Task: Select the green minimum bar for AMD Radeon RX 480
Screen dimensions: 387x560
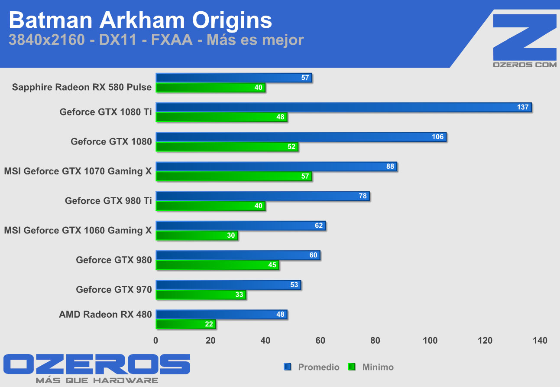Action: pos(186,325)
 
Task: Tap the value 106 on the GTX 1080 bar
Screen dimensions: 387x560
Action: pos(438,137)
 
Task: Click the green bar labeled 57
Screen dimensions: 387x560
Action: pos(234,176)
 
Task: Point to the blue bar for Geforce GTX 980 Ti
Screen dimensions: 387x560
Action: pos(262,196)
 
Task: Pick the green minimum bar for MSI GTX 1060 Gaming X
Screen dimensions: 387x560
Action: pos(197,236)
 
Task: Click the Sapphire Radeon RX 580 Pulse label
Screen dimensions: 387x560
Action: pos(82,87)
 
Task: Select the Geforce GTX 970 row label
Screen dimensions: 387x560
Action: pos(114,289)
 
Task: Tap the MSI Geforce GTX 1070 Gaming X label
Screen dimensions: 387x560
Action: pos(78,171)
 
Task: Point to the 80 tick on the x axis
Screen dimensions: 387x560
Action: pos(375,341)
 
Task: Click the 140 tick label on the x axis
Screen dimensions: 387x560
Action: pos(540,341)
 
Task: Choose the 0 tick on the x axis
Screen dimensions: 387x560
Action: pos(156,341)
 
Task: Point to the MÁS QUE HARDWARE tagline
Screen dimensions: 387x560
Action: pos(97,380)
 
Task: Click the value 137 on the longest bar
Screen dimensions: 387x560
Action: pos(523,107)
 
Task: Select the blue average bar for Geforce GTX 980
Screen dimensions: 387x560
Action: pos(238,255)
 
